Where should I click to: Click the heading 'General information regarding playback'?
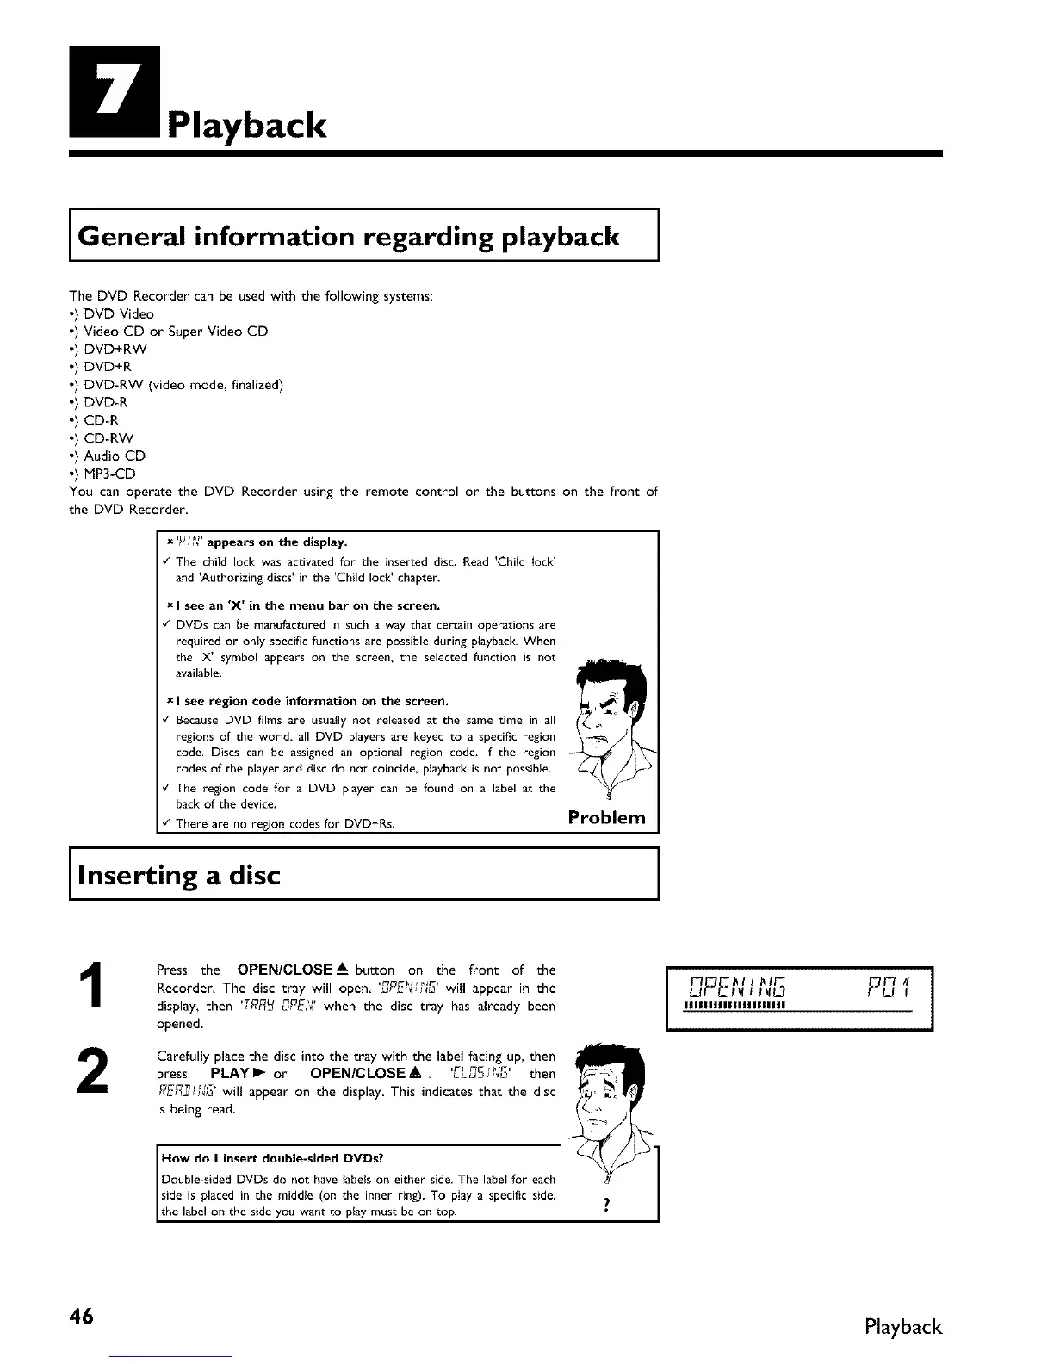[348, 236]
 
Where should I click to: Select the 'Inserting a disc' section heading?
[179, 875]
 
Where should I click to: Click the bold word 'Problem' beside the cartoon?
[606, 817]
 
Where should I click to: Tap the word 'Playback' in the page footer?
[903, 1326]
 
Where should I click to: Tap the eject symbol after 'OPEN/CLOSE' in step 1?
[341, 969]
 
